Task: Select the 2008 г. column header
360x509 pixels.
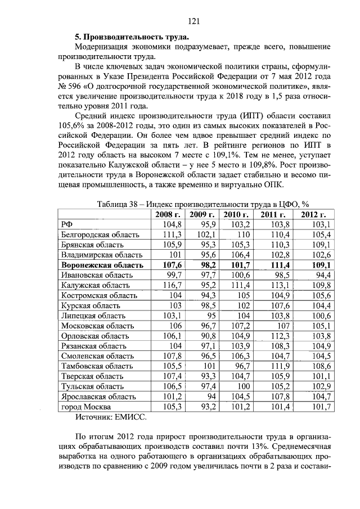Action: point(167,214)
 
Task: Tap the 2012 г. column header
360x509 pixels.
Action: point(313,214)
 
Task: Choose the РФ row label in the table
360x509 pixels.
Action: point(67,224)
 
